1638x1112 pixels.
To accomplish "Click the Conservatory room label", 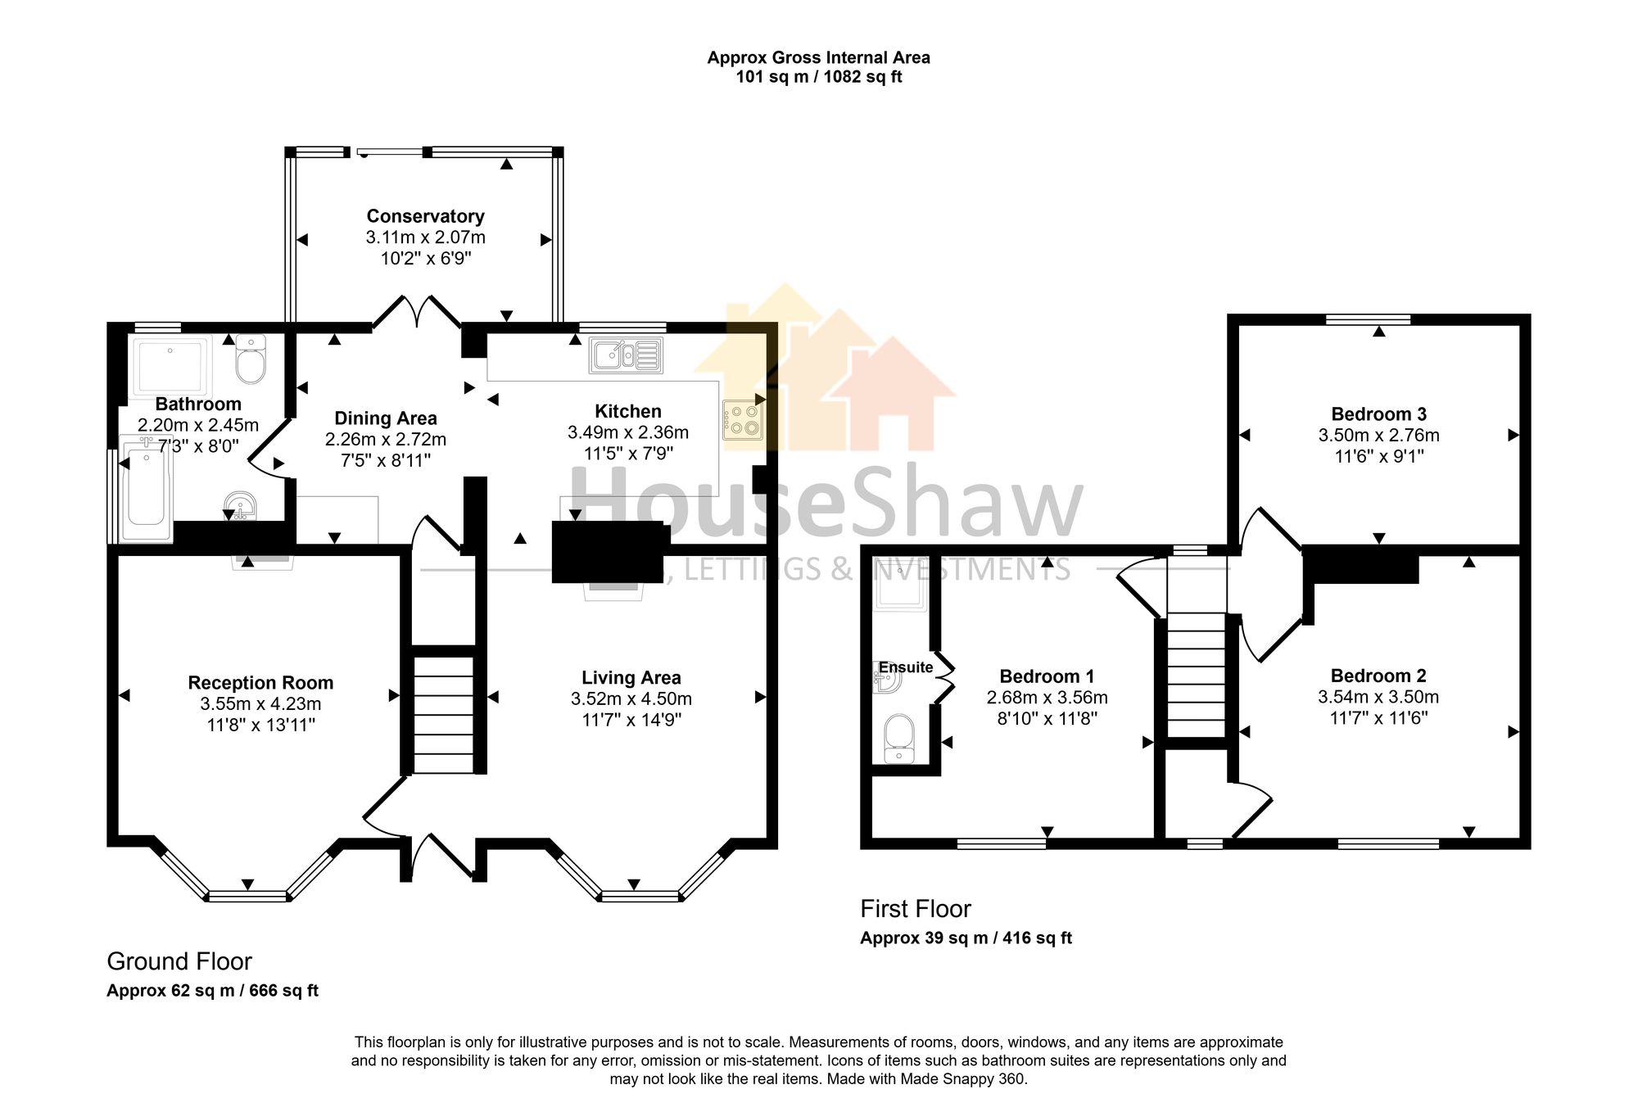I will (x=425, y=216).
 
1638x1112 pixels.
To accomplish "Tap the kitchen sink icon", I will (x=625, y=356).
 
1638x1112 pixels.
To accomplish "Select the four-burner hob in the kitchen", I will (x=743, y=419).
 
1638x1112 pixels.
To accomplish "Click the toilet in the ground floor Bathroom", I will (x=251, y=360).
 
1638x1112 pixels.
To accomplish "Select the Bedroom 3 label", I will (x=1378, y=414).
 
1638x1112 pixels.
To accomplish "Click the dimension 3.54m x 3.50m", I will (x=1378, y=697).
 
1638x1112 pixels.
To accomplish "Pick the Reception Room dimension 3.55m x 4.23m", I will (x=260, y=704).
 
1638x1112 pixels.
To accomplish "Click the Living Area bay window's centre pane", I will (x=640, y=896).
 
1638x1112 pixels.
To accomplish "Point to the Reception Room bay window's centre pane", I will (x=247, y=896).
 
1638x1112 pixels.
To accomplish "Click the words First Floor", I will (x=915, y=909).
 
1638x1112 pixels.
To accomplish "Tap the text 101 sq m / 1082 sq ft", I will (x=818, y=77).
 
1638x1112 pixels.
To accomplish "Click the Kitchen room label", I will (x=627, y=411).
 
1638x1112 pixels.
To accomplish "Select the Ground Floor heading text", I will (x=179, y=961).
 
